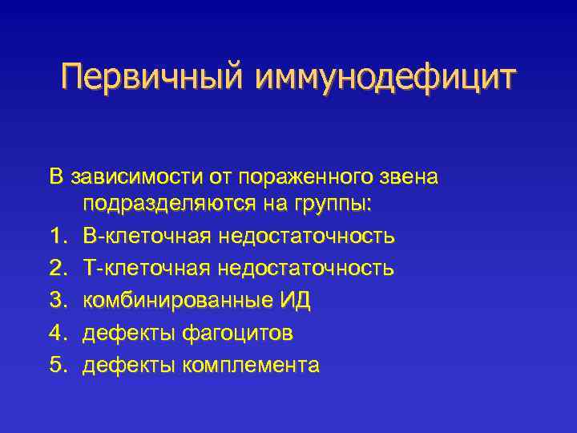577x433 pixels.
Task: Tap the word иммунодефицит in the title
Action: [386, 79]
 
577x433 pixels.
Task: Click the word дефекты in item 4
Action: [130, 332]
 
